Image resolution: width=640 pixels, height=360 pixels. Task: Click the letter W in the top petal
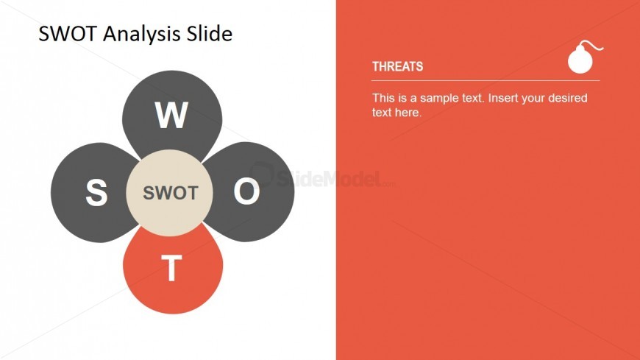tap(172, 116)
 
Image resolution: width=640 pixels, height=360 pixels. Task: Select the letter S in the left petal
tap(96, 192)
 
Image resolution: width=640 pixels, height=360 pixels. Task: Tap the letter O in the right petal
tap(246, 191)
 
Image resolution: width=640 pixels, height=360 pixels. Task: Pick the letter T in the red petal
tap(172, 268)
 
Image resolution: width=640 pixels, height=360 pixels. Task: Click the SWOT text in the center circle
tap(171, 193)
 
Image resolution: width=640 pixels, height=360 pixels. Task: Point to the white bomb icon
tap(585, 57)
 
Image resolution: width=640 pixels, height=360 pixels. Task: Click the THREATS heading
tap(397, 66)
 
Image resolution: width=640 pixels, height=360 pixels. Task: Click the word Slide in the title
tap(210, 33)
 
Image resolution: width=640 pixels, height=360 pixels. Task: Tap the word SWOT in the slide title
tap(68, 34)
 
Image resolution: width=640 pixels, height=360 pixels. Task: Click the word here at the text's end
tap(408, 113)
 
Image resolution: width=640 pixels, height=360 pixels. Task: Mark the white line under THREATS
tap(486, 81)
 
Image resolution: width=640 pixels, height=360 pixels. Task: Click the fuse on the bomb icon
tap(593, 45)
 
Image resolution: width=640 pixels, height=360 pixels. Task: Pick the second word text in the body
tap(382, 113)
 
